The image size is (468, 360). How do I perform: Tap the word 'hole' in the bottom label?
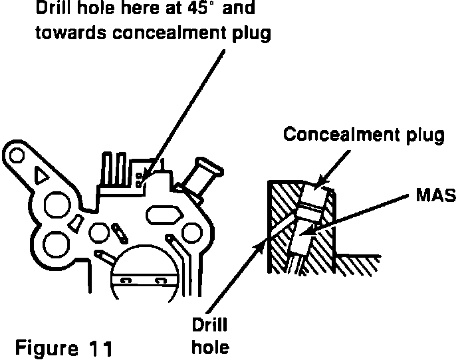(210, 347)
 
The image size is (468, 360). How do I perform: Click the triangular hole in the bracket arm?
(39, 175)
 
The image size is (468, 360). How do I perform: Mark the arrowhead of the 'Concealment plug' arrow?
(318, 185)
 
